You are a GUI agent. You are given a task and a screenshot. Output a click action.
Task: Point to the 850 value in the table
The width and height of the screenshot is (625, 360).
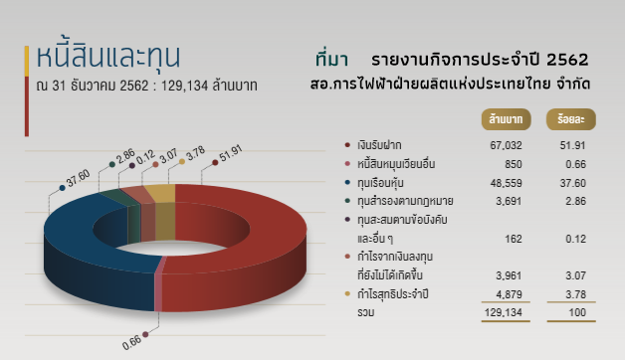tap(514, 164)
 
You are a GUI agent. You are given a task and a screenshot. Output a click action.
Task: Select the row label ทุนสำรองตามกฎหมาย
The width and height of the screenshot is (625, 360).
tap(399, 201)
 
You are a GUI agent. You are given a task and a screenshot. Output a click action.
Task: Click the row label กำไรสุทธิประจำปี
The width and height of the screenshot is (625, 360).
tap(394, 294)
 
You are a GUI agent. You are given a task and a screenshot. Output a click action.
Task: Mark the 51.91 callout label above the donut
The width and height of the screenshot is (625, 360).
tap(230, 152)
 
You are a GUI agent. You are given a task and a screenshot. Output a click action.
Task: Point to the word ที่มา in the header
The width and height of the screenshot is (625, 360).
tap(331, 59)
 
